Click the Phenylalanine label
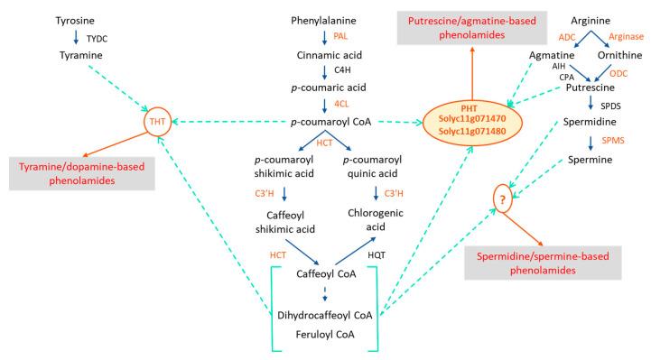click(323, 20)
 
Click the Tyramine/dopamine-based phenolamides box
click(83, 174)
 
